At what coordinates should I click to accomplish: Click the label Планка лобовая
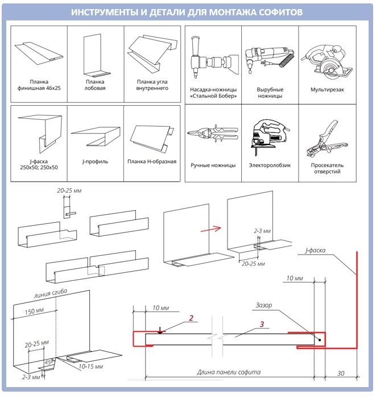pos(94,85)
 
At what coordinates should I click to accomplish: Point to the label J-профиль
pos(94,161)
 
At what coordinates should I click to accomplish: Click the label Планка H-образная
pos(152,161)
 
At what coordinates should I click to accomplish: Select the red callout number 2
pos(192,319)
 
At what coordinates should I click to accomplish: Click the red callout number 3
pos(261,325)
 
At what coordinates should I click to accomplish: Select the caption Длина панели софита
pos(228,372)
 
